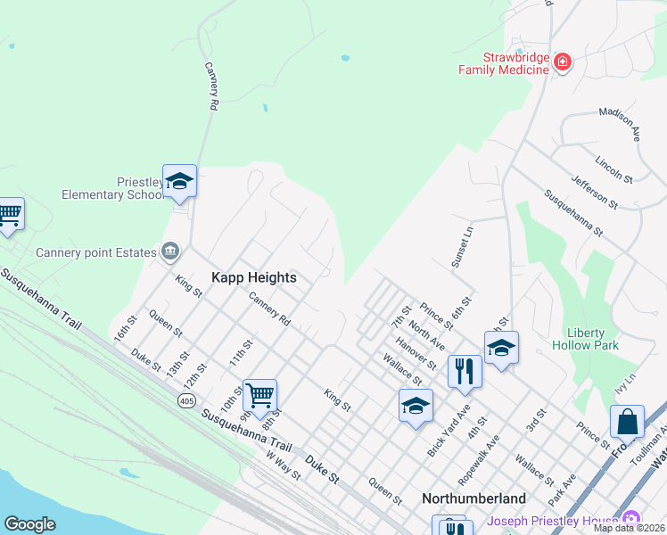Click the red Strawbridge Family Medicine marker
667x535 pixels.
(562, 62)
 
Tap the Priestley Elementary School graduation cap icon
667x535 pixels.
(179, 182)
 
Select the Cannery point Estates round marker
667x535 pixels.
(169, 252)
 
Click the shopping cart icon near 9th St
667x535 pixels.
(259, 394)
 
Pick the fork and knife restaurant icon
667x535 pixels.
(465, 371)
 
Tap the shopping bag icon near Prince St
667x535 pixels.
(627, 422)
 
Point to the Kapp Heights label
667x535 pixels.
(253, 277)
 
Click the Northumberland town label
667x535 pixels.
(473, 498)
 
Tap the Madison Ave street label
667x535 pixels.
(620, 124)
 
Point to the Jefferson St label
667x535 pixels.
(595, 192)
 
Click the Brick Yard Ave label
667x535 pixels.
(448, 432)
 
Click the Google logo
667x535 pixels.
(29, 524)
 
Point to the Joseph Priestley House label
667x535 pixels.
(553, 521)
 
